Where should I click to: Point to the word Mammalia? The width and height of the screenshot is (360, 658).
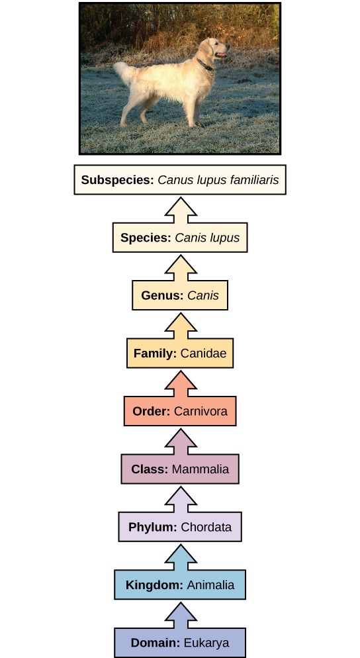(x=200, y=469)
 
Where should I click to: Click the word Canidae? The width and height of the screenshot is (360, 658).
(x=202, y=353)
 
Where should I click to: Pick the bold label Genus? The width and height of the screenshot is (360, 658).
(x=161, y=295)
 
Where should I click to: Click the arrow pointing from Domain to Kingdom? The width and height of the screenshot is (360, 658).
(x=180, y=613)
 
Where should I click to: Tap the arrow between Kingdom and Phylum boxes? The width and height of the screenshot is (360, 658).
(x=180, y=555)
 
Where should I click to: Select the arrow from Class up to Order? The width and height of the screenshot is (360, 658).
(x=180, y=440)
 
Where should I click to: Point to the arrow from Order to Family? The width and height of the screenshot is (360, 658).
(x=180, y=382)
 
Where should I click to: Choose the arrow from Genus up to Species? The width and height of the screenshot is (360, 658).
(x=180, y=267)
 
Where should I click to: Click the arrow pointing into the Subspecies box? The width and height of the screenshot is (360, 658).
(x=180, y=209)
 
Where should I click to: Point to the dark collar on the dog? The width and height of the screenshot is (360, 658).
(x=206, y=65)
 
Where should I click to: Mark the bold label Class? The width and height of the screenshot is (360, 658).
(x=150, y=469)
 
